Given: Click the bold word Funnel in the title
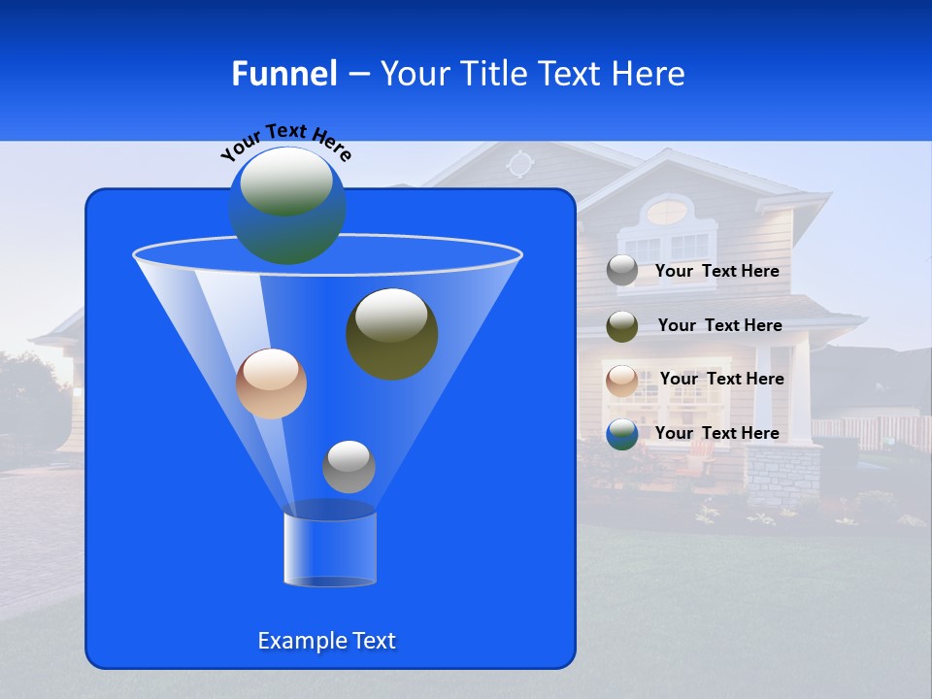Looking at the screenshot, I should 284,74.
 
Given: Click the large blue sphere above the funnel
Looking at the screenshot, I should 286,205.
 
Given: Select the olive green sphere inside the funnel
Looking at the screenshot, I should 391,333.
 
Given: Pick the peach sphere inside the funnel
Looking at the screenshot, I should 271,383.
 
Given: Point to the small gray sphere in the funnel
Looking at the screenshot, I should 349,466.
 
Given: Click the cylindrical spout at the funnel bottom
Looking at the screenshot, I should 329,549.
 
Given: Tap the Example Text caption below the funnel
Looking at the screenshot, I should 326,641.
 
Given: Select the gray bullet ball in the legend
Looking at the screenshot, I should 622,271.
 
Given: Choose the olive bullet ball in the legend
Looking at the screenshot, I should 622,326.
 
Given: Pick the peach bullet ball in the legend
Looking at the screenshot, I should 622,380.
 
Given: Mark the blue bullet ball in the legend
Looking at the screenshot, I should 622,433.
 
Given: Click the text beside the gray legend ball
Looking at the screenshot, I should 716,272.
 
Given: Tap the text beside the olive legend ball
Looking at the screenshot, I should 719,326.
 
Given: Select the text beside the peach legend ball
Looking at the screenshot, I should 721,380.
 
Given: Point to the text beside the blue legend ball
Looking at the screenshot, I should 716,434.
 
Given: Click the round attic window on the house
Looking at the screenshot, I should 520,164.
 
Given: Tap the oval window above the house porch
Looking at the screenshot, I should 666,210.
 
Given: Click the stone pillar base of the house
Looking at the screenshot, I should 782,476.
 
